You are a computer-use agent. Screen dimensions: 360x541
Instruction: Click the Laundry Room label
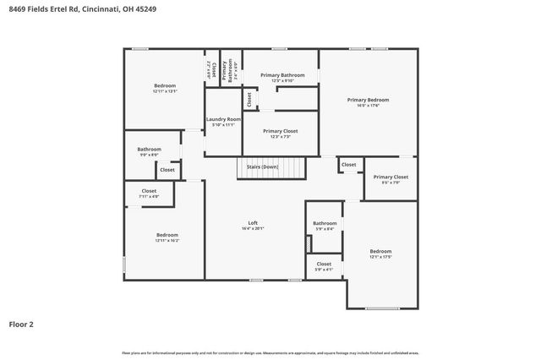tap(224, 119)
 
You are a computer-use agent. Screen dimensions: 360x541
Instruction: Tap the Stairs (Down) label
tap(262, 167)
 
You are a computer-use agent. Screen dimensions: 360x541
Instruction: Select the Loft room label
tap(253, 222)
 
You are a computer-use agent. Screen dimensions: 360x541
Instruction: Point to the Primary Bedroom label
tap(368, 100)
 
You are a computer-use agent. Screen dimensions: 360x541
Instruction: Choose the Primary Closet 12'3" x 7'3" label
tap(279, 131)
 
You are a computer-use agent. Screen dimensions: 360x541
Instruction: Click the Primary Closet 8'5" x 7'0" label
tap(391, 177)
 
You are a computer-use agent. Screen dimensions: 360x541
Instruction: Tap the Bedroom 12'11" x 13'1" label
tap(165, 86)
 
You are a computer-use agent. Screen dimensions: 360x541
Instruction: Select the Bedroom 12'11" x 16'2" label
tap(167, 235)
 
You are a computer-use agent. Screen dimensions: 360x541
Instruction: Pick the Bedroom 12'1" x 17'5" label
tap(380, 251)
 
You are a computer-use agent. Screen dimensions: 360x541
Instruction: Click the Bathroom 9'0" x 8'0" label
tap(149, 150)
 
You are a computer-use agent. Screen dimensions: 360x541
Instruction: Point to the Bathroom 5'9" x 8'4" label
tap(325, 223)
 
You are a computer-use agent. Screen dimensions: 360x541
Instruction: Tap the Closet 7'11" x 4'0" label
tap(149, 191)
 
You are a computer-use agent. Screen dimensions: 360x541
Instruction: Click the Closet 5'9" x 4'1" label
tap(325, 264)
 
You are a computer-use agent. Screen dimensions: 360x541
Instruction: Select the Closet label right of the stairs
tap(348, 164)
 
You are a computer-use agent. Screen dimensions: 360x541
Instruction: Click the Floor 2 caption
tap(22, 324)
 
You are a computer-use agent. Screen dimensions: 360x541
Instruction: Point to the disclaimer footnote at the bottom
tap(270, 352)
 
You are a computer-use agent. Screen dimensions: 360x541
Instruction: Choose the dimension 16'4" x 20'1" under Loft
tap(253, 228)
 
